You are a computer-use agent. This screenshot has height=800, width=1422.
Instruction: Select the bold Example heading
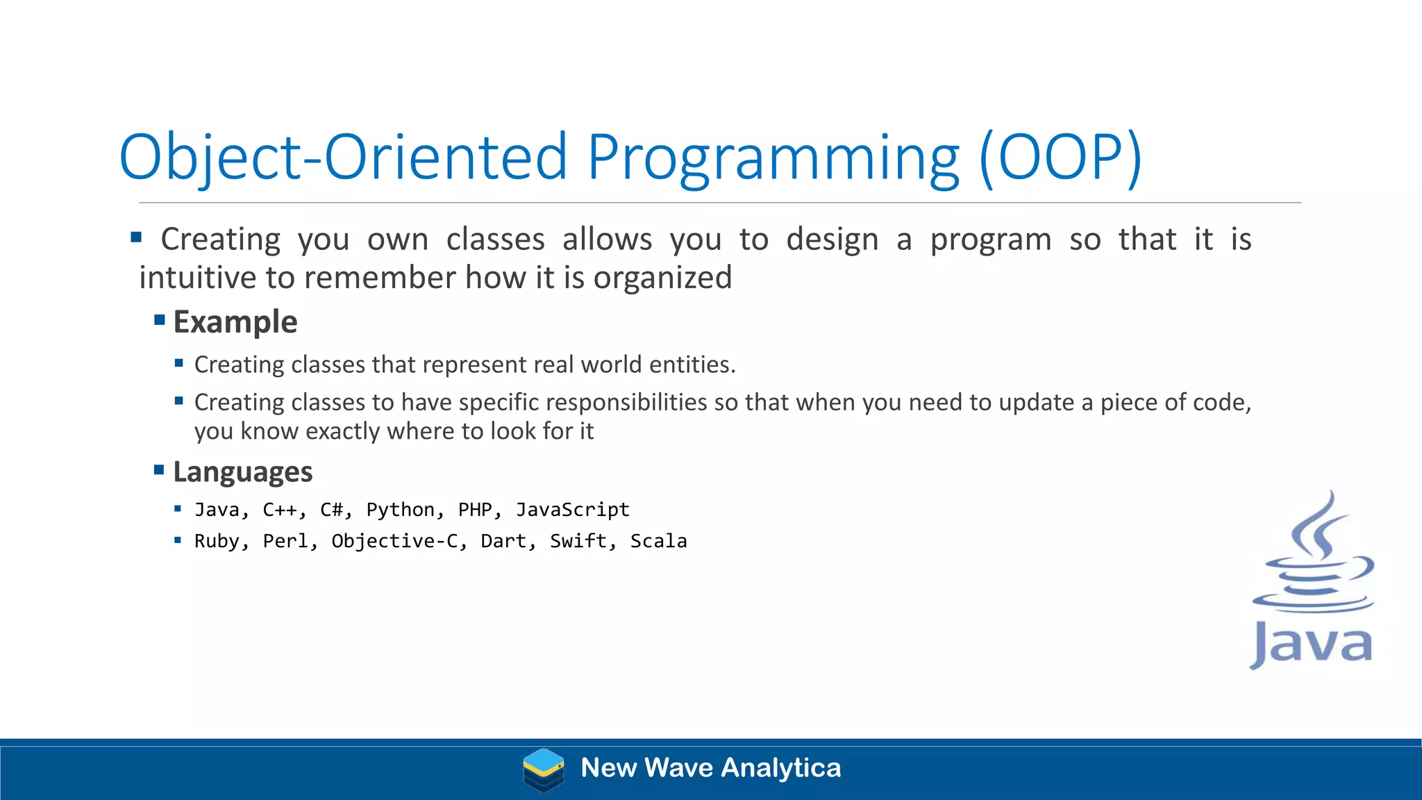235,322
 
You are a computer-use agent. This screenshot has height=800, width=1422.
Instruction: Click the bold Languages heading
242,472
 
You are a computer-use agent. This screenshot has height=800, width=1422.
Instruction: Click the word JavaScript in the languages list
572,510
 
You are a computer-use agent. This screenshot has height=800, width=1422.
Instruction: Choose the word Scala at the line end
658,541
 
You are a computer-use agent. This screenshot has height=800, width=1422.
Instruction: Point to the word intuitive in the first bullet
198,278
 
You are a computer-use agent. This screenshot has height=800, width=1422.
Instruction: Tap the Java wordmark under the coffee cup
1312,645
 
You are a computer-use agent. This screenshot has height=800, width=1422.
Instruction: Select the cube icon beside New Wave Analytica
543,769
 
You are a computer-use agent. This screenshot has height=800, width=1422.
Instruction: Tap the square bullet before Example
160,320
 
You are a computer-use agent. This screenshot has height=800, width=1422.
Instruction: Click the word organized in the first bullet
662,278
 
